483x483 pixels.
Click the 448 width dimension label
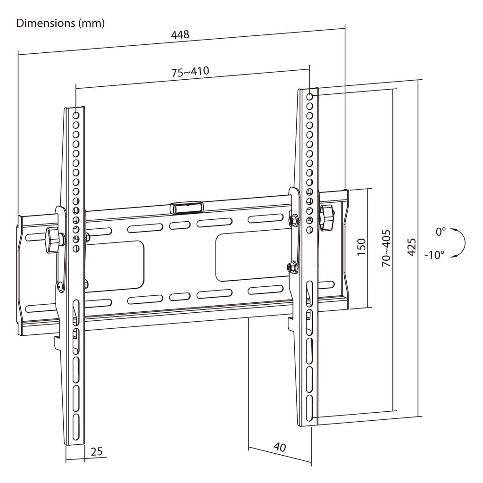[180, 34]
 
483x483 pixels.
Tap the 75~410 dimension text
[190, 72]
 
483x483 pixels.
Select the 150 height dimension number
[361, 247]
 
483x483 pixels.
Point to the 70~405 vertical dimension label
[386, 248]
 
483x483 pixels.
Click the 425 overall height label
[411, 247]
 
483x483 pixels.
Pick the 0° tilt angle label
[441, 231]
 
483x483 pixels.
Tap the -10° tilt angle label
[434, 255]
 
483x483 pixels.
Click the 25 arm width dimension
[96, 451]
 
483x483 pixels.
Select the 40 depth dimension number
[279, 447]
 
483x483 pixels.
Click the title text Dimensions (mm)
[60, 23]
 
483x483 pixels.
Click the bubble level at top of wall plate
[187, 208]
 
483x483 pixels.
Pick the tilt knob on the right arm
[327, 218]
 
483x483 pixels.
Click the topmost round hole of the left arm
[76, 116]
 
